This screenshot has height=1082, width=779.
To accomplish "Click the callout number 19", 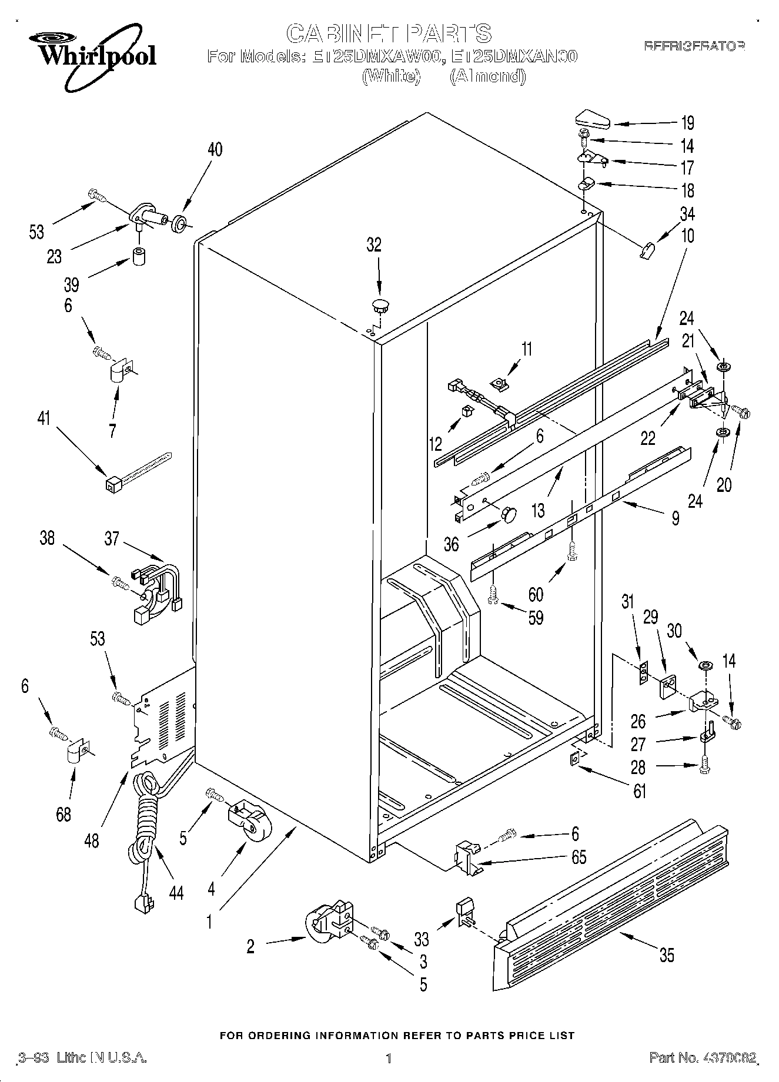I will click(687, 123).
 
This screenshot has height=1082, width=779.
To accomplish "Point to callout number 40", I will click(215, 149).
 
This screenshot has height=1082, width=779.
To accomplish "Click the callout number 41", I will click(44, 419).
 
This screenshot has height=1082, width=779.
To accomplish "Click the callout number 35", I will click(667, 955).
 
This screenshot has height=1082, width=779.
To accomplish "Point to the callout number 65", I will click(579, 857).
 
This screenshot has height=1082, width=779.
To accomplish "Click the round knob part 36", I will click(508, 514).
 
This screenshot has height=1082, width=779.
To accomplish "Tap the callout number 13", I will click(537, 510).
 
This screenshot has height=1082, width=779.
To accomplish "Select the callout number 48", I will click(92, 840).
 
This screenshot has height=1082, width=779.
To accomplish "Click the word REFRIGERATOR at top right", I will click(694, 46).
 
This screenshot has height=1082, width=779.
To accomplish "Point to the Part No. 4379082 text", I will click(703, 1058).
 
